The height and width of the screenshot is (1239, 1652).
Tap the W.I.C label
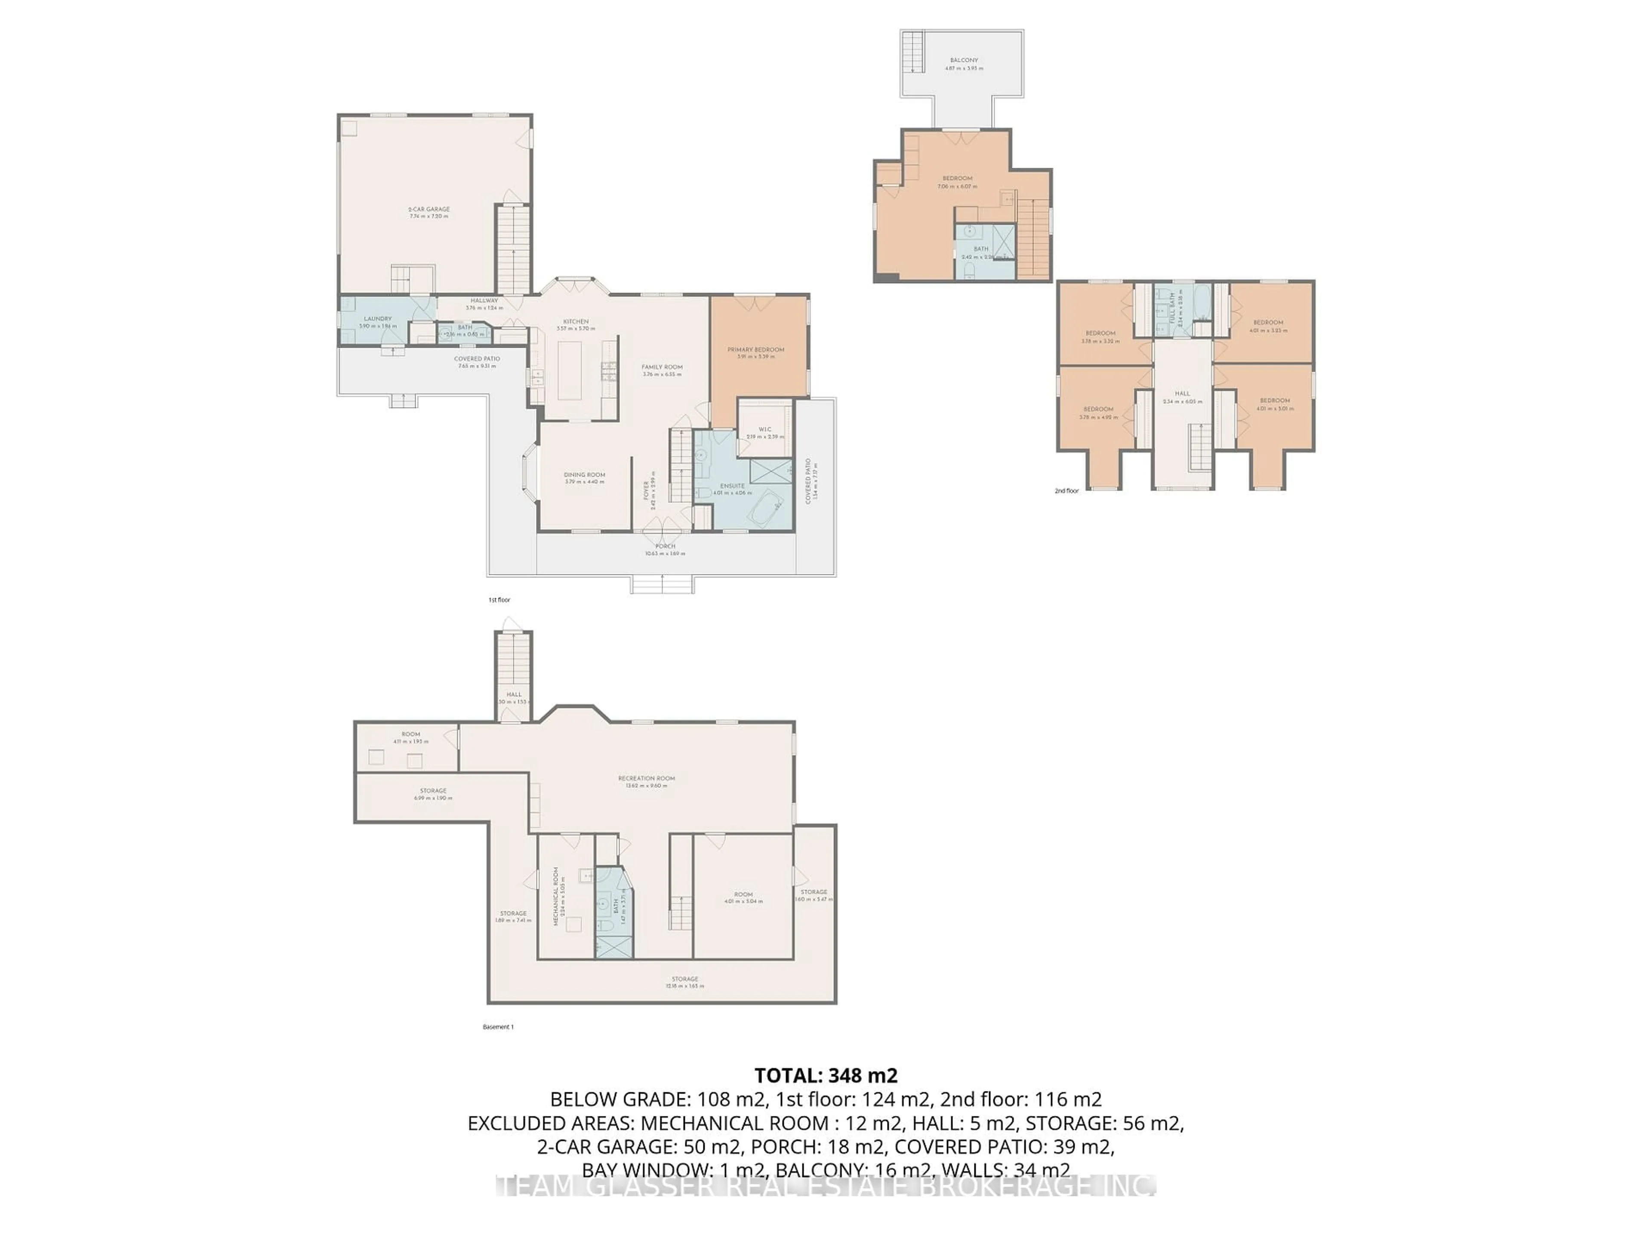pos(765,429)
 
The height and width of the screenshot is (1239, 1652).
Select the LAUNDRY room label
pos(377,319)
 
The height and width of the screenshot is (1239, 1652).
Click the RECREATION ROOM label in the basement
pos(646,778)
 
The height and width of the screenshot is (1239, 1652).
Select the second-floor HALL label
pos(1182,394)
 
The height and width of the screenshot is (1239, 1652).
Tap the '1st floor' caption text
pos(499,600)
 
